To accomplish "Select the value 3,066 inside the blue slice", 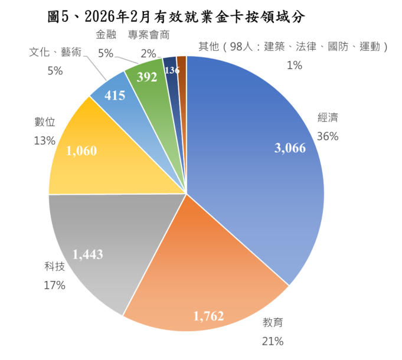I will point(290,149).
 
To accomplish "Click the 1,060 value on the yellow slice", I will point(81,151).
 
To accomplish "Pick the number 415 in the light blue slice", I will point(115,95).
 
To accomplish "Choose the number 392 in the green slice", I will point(147,77).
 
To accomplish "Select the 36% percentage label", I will point(328,136).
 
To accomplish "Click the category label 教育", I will point(273,323).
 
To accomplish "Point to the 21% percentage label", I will point(273,341).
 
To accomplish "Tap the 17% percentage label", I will point(54,285).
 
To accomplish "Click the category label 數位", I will point(45,122).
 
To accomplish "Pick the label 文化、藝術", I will point(55,53).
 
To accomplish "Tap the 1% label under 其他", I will point(294,66).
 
